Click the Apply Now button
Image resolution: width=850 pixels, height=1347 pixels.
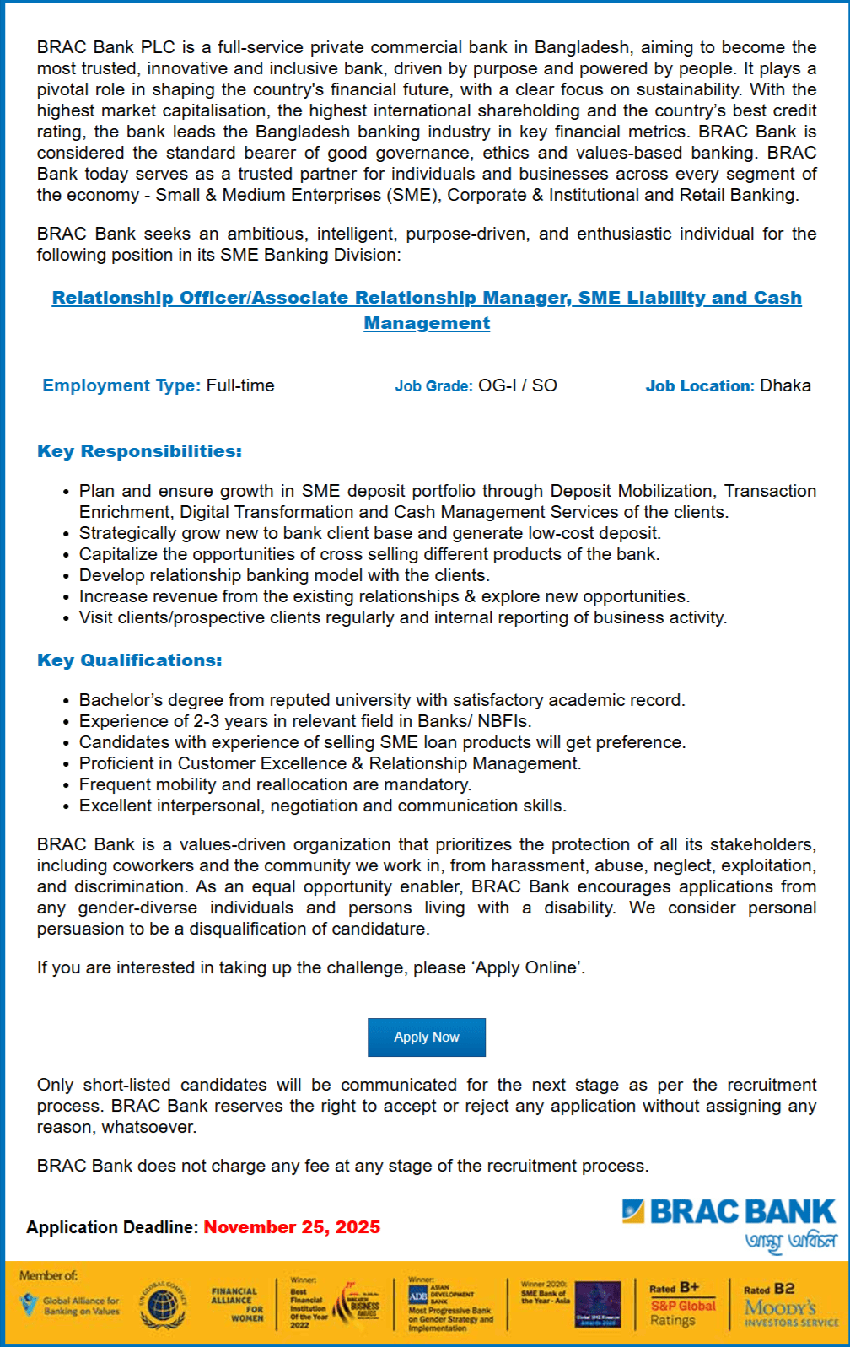(x=426, y=1037)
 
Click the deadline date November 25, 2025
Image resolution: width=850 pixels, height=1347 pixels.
(x=292, y=1227)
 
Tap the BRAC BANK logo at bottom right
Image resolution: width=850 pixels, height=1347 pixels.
(x=729, y=1212)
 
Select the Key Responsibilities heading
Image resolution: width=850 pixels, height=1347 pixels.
(x=139, y=451)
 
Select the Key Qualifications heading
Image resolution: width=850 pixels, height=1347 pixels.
(x=130, y=660)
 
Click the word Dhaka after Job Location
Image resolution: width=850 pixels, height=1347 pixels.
(x=785, y=385)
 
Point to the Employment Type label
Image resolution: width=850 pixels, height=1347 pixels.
(x=121, y=385)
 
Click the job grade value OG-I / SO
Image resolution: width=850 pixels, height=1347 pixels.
(x=518, y=385)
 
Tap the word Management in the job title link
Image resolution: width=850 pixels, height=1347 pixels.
(x=427, y=323)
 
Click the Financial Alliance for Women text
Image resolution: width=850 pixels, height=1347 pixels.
(x=237, y=1304)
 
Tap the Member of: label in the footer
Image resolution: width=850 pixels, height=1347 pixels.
(x=48, y=1275)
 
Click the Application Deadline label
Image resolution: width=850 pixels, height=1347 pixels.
(x=112, y=1227)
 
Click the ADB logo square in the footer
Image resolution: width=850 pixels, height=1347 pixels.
(x=418, y=1296)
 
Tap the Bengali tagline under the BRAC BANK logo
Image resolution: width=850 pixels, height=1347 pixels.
(x=790, y=1242)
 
